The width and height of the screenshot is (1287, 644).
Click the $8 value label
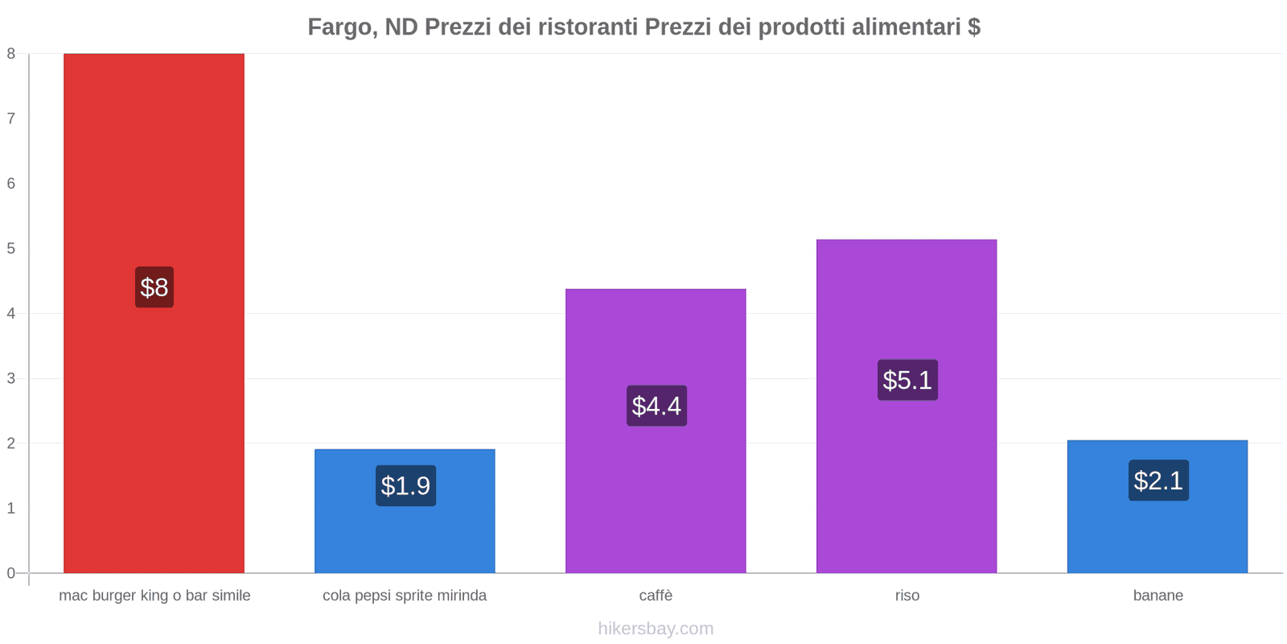(154, 287)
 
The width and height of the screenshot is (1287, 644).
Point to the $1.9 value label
(405, 485)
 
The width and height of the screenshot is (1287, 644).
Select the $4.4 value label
(656, 406)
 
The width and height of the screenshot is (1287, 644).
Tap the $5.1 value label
(907, 380)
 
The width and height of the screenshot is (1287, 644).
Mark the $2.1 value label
(1158, 481)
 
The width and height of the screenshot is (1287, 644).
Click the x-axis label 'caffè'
(656, 596)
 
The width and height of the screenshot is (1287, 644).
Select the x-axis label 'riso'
(907, 596)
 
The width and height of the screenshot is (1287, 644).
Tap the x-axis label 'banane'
(1157, 596)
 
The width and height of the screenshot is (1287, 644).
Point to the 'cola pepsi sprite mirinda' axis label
(405, 596)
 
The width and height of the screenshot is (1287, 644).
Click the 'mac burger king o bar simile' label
(154, 596)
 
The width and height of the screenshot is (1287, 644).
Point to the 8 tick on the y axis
(11, 54)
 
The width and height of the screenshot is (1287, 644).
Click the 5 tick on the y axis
(11, 249)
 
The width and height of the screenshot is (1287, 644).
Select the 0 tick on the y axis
(11, 573)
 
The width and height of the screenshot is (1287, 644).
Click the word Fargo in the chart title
(340, 27)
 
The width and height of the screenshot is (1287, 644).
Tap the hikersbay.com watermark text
(656, 629)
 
